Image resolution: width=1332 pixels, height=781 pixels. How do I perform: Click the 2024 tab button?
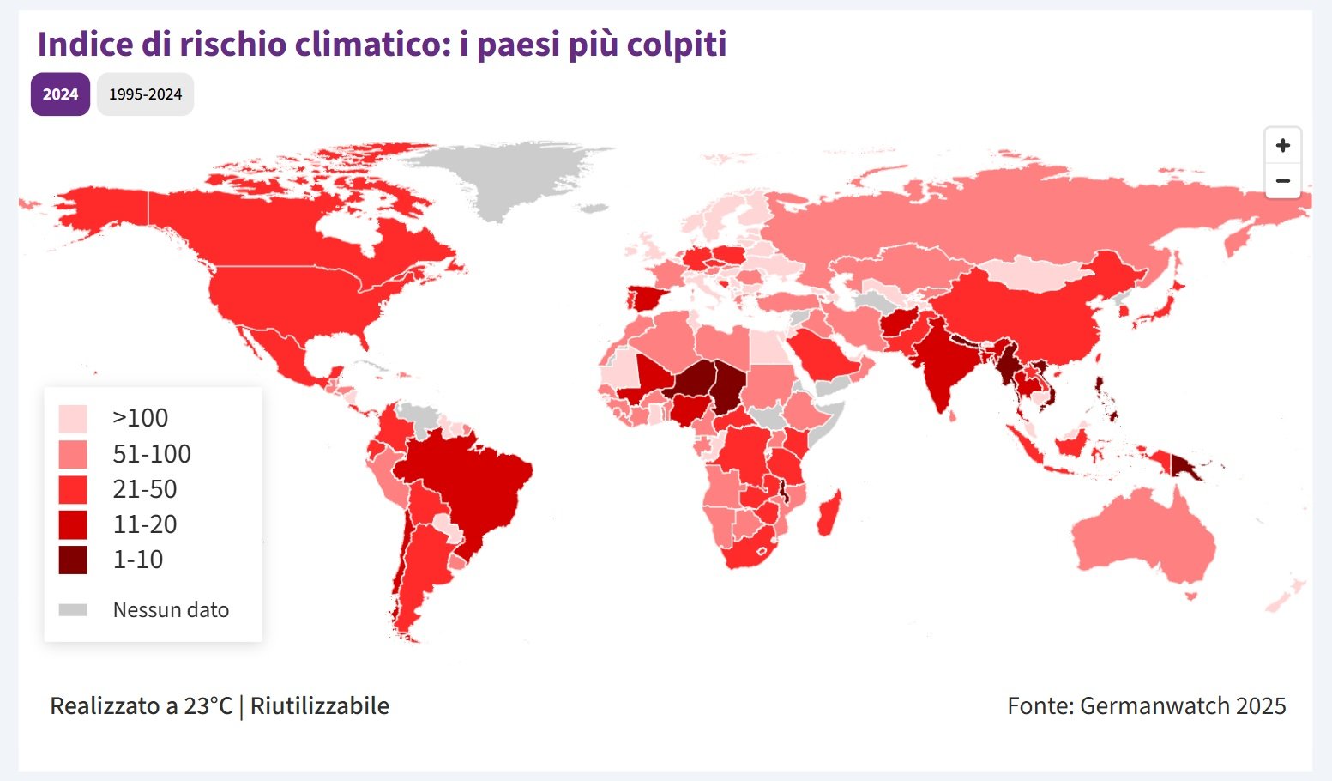pos(60,94)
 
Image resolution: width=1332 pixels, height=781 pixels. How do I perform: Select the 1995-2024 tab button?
pos(145,94)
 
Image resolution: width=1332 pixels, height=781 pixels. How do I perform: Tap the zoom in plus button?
pos(1282,146)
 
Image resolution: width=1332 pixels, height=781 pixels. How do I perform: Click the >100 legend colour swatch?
pos(73,419)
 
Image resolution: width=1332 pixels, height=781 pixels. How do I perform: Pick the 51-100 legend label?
pos(152,454)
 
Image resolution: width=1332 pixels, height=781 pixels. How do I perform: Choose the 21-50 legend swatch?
pos(73,489)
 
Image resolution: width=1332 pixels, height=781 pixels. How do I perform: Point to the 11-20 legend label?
pos(144,524)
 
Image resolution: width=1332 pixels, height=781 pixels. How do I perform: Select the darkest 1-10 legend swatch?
pos(73,560)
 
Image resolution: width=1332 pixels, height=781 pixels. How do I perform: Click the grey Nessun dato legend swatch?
pos(73,610)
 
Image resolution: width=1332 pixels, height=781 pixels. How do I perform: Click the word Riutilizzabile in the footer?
pos(320,706)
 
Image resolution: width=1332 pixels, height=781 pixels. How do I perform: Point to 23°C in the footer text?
pos(208,706)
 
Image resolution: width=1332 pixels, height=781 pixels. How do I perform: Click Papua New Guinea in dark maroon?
pos(1188,468)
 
